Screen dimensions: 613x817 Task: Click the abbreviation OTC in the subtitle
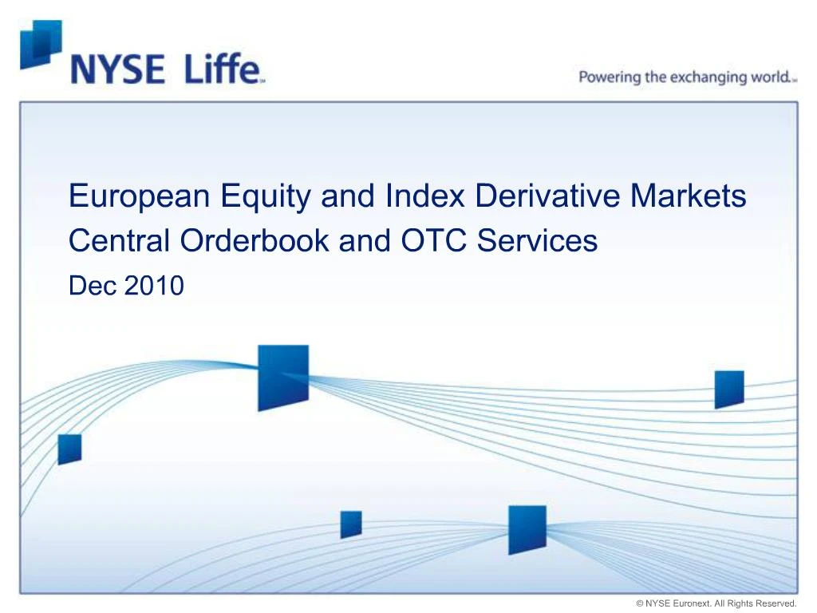[x=423, y=240]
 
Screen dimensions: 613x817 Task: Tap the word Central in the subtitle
[x=120, y=240]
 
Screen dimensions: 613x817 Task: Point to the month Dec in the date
[x=92, y=285]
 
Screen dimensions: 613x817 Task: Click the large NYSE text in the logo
[x=117, y=70]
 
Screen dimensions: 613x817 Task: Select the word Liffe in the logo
[x=223, y=70]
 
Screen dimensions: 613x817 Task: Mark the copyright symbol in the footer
[x=640, y=603]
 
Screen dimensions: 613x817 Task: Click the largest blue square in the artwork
[x=282, y=377]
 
